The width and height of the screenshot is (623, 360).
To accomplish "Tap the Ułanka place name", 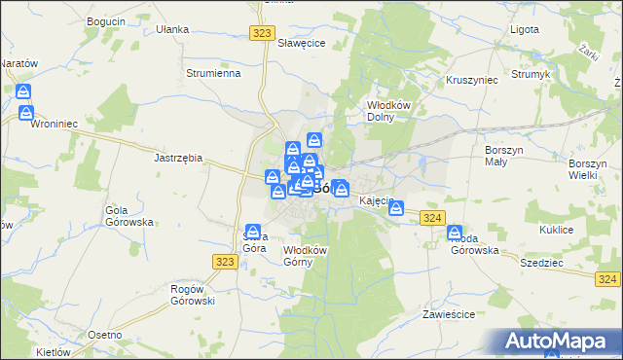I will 172,29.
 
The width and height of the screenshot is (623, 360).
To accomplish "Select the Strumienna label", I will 213,73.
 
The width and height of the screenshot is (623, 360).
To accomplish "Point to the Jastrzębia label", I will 178,157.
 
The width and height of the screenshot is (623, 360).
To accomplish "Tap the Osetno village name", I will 104,335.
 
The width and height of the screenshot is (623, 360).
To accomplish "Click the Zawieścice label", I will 449,315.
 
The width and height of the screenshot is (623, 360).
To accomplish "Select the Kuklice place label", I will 556,230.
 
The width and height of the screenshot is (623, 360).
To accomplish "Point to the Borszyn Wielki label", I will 588,169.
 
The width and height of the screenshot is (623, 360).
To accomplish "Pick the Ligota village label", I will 525,29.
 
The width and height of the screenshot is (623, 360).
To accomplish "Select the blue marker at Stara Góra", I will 253,234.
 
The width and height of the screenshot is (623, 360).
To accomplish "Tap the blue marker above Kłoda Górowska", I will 455,234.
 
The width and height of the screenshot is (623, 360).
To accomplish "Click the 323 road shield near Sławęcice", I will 260,33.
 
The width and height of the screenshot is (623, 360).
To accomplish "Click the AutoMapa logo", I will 559,341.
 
